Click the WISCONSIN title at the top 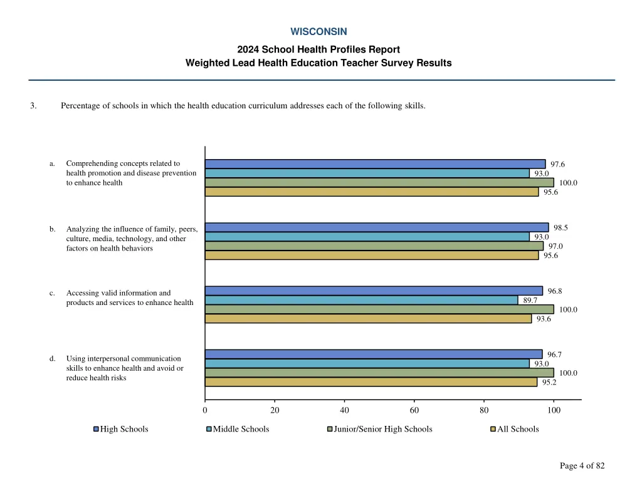click(x=318, y=31)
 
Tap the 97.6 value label click(x=557, y=165)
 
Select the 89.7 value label click(x=530, y=301)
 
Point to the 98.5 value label click(x=560, y=228)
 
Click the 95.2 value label click(x=549, y=383)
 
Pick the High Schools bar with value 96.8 click(x=374, y=291)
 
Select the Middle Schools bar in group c click(x=361, y=300)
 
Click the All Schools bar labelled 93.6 click(x=368, y=319)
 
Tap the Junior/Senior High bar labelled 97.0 click(x=374, y=246)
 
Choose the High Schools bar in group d click(x=374, y=354)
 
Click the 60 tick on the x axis click(x=414, y=411)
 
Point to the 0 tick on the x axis click(x=205, y=411)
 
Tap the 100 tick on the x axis click(x=554, y=411)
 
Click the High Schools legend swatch click(x=96, y=429)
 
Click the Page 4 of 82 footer click(x=582, y=465)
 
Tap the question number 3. click(x=33, y=105)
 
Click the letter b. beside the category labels click(x=53, y=229)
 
